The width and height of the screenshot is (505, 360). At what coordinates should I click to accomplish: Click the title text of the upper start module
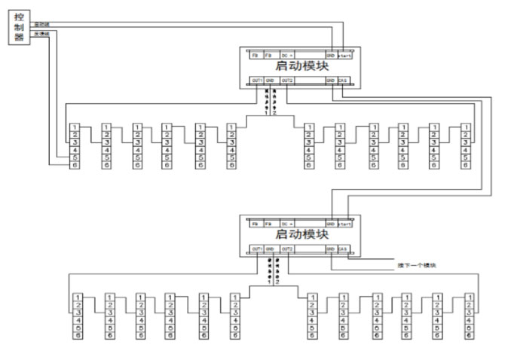click(x=301, y=66)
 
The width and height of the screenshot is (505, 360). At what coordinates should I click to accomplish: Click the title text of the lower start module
click(x=301, y=235)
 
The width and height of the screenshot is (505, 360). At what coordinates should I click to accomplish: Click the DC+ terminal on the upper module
click(x=287, y=55)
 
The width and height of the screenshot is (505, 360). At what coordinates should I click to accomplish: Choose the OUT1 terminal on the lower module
click(x=257, y=249)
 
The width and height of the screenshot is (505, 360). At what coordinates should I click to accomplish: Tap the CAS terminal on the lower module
click(x=342, y=249)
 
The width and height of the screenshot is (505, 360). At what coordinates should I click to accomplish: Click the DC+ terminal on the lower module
click(x=287, y=224)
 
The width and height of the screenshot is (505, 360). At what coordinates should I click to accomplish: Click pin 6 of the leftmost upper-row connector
click(x=74, y=165)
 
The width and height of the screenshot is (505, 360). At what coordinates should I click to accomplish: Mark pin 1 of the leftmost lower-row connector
click(x=78, y=297)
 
